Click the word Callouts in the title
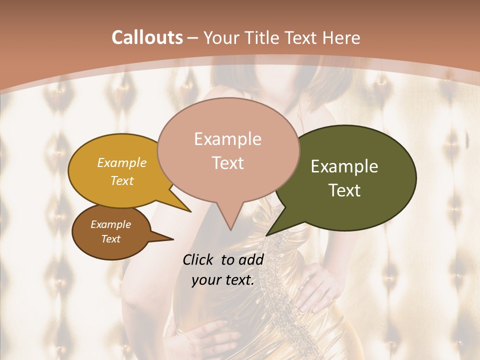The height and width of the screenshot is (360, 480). [147, 38]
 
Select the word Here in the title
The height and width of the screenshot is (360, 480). [341, 38]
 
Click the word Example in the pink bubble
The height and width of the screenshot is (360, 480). [227, 139]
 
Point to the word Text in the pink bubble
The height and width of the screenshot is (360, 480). [227, 162]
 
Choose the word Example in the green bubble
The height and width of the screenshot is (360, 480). [344, 166]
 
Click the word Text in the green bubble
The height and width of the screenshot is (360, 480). [345, 190]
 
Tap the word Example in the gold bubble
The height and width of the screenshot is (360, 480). [121, 162]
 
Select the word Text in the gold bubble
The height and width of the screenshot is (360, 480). [121, 180]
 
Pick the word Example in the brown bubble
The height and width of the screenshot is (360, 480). [110, 224]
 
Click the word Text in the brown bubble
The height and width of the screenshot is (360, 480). [110, 239]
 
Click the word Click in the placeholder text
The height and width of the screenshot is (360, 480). [198, 259]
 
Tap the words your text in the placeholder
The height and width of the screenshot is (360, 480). [222, 280]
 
